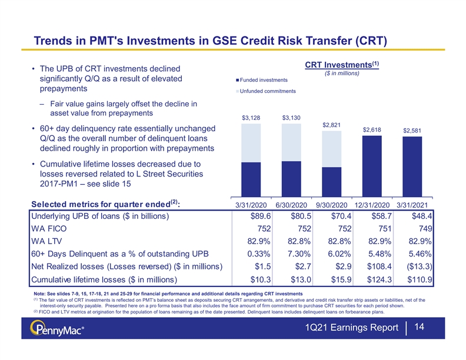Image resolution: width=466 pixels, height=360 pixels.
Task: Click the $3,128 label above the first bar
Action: click(x=251, y=118)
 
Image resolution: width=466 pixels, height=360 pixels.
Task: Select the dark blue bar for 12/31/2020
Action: click(x=372, y=166)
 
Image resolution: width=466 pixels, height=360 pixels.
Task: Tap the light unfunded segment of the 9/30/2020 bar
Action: click(x=332, y=149)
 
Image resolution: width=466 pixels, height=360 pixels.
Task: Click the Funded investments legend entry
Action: click(x=262, y=80)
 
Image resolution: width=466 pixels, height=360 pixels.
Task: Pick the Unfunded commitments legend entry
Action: click(x=266, y=91)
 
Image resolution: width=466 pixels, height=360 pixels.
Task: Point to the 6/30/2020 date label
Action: click(x=291, y=205)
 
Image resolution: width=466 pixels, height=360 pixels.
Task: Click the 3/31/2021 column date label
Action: click(x=412, y=205)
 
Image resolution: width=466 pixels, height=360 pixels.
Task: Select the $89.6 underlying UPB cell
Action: click(x=261, y=216)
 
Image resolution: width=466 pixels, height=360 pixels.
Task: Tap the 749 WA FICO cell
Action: click(x=425, y=228)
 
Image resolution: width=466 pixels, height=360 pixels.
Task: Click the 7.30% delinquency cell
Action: click(x=299, y=254)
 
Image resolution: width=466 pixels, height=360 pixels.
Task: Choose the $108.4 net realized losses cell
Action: click(x=380, y=266)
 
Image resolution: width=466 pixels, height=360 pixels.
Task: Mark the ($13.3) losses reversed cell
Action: click(x=420, y=266)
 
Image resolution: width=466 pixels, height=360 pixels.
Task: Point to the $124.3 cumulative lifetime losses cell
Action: click(x=380, y=279)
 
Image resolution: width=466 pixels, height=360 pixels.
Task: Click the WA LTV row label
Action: click(x=46, y=241)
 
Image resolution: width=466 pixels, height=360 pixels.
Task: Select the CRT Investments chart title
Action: click(x=342, y=65)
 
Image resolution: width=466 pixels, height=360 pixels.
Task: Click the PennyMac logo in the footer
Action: click(x=56, y=328)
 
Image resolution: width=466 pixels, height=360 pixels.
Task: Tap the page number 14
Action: click(x=419, y=327)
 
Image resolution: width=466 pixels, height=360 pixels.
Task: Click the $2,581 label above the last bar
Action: click(x=412, y=131)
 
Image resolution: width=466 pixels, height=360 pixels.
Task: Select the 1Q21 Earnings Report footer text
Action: click(x=352, y=327)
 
